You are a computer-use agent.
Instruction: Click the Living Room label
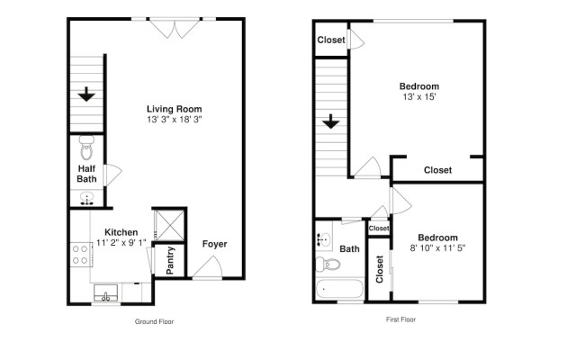(x=173, y=110)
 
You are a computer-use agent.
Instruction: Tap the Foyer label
(x=214, y=244)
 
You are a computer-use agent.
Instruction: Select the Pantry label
(x=170, y=260)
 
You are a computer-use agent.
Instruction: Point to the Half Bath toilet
(x=86, y=145)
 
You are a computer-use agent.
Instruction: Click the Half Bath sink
(x=87, y=199)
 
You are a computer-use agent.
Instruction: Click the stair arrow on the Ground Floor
(x=86, y=93)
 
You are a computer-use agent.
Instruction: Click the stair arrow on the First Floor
(x=330, y=121)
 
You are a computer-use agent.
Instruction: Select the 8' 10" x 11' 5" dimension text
(x=437, y=247)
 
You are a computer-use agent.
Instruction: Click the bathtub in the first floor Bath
(x=338, y=290)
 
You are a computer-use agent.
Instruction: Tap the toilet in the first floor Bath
(x=328, y=265)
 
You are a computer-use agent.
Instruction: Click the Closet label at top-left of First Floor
(x=331, y=40)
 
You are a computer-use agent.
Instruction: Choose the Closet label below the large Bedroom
(x=437, y=170)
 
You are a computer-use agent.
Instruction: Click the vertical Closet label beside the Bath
(x=379, y=269)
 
